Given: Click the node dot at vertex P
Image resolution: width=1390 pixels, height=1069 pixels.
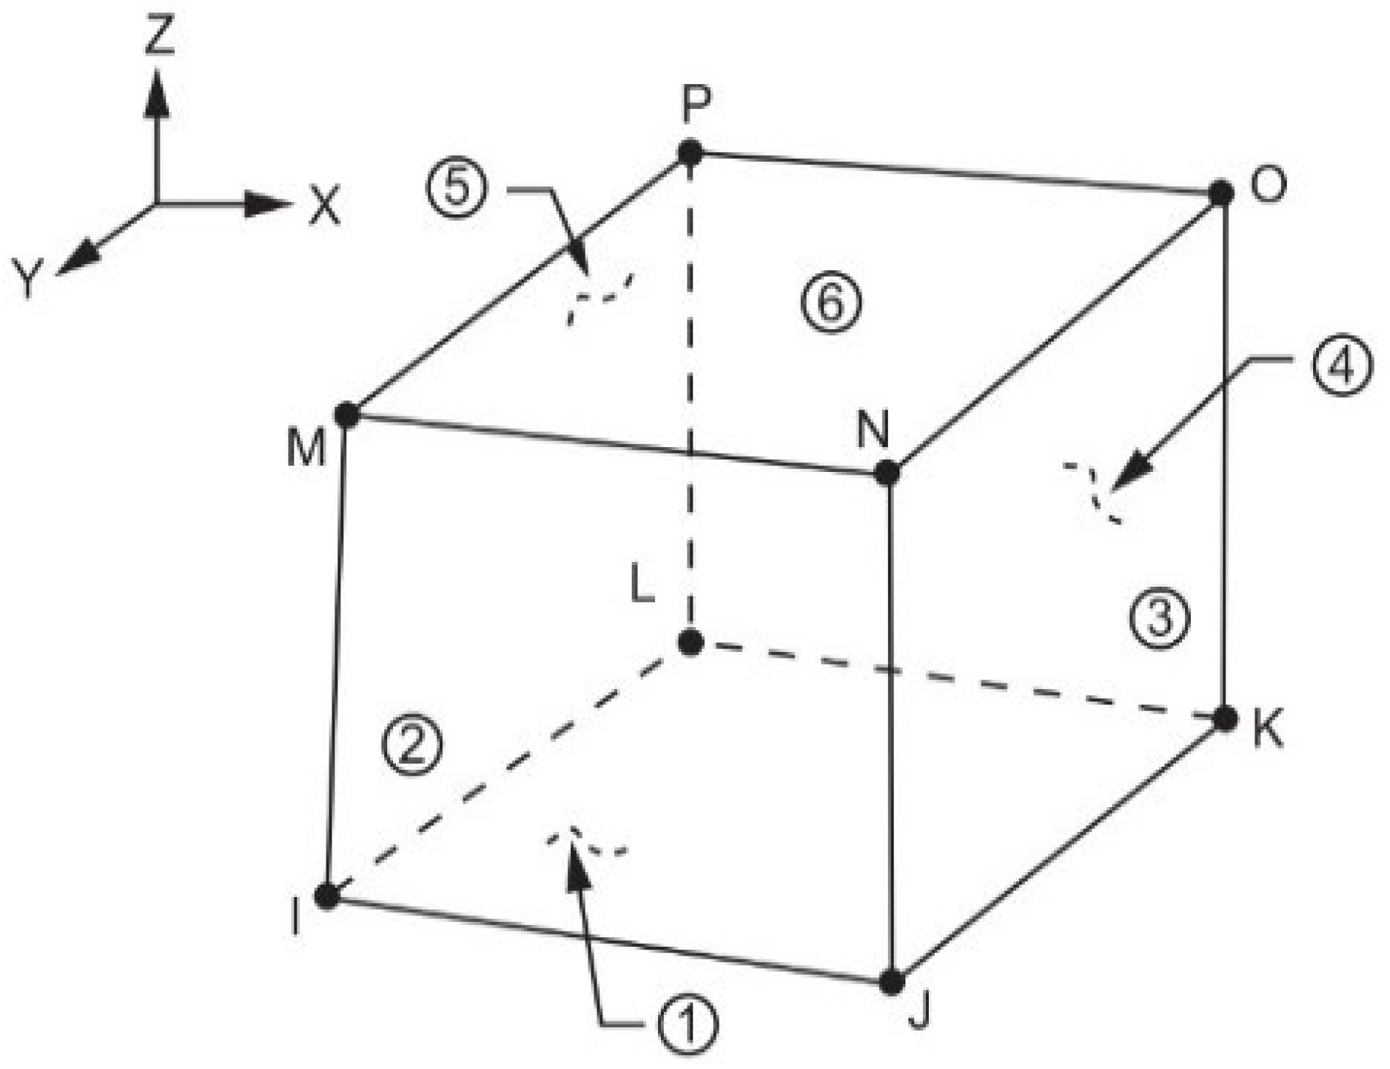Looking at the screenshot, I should coord(690,154).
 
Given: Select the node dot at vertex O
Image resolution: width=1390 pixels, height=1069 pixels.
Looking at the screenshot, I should coord(1220,193).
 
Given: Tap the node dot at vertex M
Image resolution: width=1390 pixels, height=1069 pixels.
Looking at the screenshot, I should coord(347,415).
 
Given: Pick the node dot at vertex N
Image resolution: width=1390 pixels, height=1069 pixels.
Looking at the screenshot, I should coord(887,473).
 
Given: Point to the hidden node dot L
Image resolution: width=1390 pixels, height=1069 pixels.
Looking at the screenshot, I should coord(690,642).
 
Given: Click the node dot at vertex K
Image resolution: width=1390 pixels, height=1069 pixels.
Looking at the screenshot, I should coord(1225,719).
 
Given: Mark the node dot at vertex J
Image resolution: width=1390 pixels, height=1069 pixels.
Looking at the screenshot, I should coord(891,982).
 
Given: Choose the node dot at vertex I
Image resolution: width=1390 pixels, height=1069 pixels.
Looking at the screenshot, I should coord(327,896).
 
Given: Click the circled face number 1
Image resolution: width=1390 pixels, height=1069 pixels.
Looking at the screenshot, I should coord(687,1024).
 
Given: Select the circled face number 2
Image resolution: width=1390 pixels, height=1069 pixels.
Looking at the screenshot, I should coord(412,746).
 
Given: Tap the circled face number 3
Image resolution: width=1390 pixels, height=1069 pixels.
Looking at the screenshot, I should coord(1159,618).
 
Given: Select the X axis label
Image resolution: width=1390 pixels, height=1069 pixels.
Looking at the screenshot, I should coord(325,206).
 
